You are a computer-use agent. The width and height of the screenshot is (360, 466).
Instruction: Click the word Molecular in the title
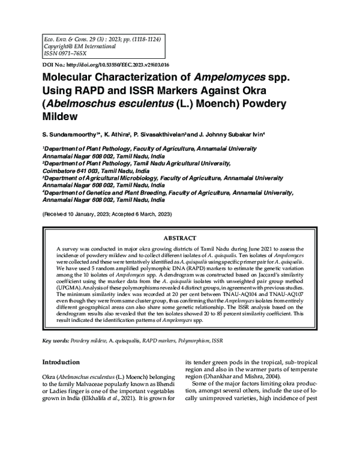[x=71, y=78]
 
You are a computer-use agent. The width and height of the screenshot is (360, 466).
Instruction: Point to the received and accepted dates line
[x=107, y=214]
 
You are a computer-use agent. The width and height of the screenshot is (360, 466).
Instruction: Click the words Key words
[x=55, y=341]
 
